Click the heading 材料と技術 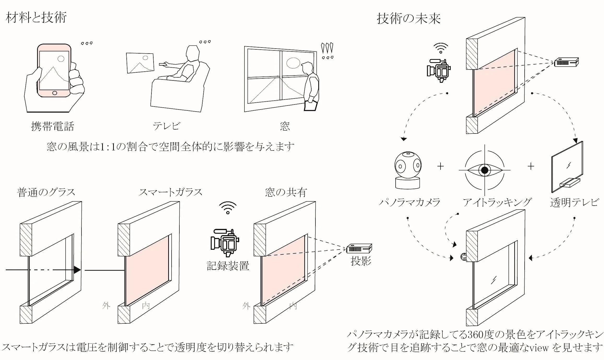coord(36,18)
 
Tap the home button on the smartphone coord(55,93)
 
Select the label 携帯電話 coord(52,126)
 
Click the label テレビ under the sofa coord(167,126)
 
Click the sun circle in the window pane coord(293,63)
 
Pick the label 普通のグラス coord(46,193)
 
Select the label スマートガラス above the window coord(170,193)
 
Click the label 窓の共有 coord(286,193)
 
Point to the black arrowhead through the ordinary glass coord(77,270)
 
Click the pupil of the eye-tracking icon coord(485,170)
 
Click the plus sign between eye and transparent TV coord(531,166)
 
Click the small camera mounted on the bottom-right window coord(464,257)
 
